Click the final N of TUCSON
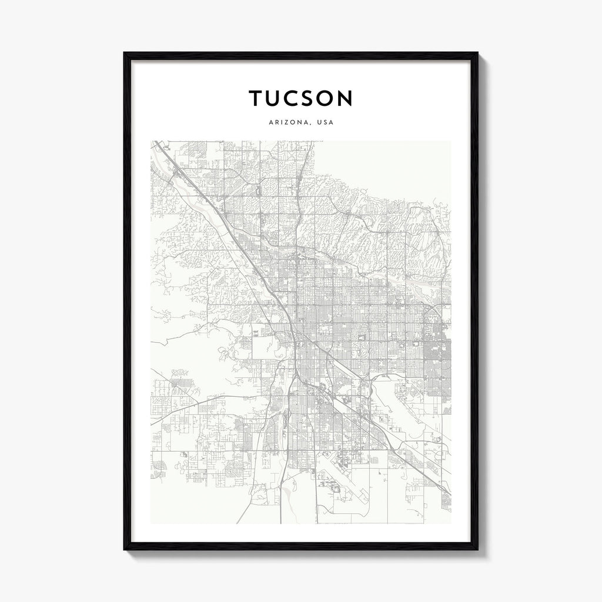tap(346, 98)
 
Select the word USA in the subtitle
tap(325, 123)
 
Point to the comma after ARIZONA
tap(310, 125)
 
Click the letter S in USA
tap(325, 123)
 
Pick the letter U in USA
tap(319, 123)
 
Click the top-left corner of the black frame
tap(125, 53)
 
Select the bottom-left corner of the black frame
tap(125, 549)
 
